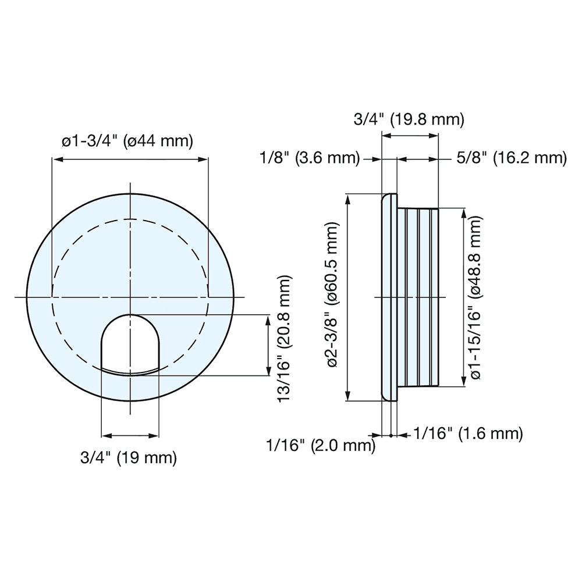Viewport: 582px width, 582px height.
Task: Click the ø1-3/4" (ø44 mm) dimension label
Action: coord(127,141)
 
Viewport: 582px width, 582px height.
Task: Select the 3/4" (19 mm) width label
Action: coord(128,457)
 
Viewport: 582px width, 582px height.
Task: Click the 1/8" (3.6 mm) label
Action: coord(310,158)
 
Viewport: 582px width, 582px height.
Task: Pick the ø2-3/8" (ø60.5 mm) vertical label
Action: coord(333,296)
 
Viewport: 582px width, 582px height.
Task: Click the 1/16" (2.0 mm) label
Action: coord(319,446)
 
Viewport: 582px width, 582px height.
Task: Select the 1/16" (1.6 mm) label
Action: coord(467,433)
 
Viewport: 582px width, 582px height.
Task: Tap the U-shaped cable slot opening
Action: coord(130,343)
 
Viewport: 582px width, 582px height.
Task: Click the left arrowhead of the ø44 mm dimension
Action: coord(56,158)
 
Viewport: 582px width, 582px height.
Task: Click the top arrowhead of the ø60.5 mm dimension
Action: coord(348,198)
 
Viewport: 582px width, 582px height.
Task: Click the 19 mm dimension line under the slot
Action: coord(130,436)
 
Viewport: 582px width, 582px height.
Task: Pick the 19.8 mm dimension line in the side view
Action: coord(409,136)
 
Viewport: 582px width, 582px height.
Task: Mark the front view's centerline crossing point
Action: coord(130,297)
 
